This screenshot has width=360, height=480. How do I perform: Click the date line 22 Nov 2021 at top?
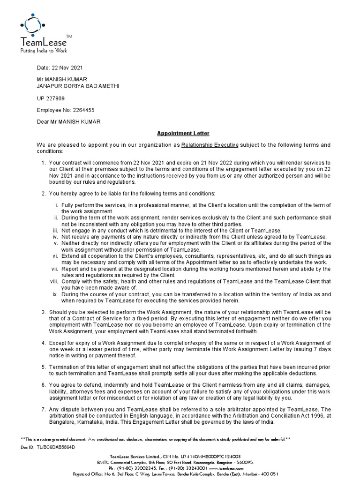point(60,68)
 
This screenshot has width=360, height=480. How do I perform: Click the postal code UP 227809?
point(51,98)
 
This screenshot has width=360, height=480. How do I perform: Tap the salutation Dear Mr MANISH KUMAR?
point(68,122)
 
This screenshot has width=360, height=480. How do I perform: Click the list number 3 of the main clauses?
point(44,312)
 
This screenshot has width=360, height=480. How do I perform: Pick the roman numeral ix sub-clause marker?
point(56,294)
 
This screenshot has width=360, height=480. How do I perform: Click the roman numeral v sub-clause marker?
point(57,243)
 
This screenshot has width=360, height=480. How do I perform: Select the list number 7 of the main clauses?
point(44,410)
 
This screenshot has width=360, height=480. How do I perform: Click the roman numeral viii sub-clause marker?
point(55,281)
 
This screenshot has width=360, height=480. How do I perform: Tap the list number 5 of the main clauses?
point(44,367)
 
